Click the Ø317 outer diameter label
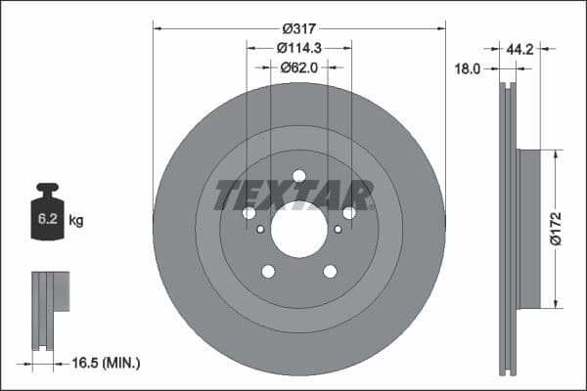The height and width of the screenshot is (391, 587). (299, 29)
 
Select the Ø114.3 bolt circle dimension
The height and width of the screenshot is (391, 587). (299, 48)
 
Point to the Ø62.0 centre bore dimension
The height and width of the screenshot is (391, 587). (299, 67)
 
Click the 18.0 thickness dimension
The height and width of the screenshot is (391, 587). (472, 69)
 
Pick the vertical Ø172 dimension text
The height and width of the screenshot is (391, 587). (555, 227)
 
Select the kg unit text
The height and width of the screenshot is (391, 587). (76, 221)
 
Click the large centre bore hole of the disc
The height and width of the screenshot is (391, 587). (298, 230)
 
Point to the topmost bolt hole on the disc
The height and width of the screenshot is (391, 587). (299, 176)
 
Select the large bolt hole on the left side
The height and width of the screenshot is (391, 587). (248, 213)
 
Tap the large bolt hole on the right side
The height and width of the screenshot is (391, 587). (349, 213)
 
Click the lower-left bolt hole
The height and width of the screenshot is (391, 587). (267, 272)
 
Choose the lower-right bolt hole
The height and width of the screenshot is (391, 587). (330, 272)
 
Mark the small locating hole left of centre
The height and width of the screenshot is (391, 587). (259, 230)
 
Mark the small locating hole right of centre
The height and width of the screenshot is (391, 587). (338, 230)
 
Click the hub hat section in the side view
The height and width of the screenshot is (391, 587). (527, 227)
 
